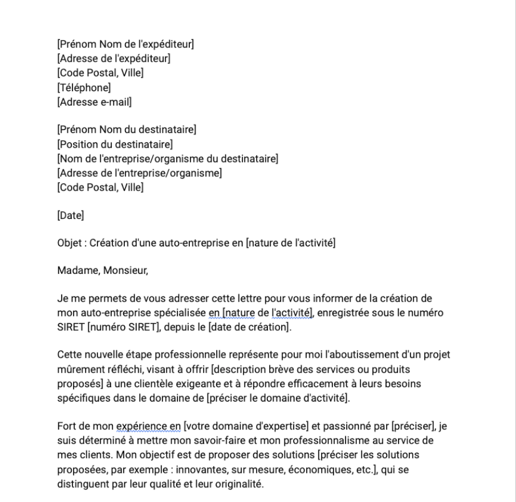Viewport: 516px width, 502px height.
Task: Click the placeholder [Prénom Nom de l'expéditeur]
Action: (x=125, y=43)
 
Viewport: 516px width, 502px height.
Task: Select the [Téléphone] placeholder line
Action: (x=84, y=88)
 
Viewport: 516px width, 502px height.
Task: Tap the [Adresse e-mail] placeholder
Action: (x=95, y=103)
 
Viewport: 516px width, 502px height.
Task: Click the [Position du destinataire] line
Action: (x=115, y=144)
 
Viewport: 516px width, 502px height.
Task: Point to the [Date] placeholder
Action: (x=71, y=216)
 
